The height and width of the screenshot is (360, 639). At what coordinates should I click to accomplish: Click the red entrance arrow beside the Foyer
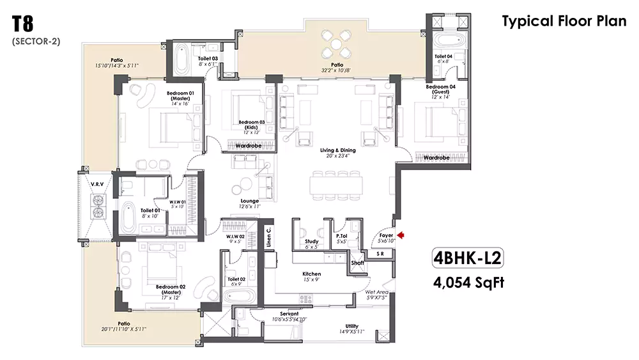coord(401,235)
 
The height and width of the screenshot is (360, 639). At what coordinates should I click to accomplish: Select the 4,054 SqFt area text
coord(468,282)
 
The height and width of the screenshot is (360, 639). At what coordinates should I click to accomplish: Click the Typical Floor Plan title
coord(564,21)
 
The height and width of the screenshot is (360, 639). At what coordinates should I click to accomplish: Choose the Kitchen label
coord(312,274)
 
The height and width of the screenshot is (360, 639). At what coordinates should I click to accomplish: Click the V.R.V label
coord(97,184)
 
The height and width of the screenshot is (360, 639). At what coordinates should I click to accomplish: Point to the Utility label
coord(351,327)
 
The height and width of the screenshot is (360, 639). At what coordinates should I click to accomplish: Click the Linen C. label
coord(270,236)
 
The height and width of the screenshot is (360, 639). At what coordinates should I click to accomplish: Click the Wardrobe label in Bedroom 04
coord(437,157)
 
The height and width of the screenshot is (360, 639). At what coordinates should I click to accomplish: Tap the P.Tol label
coord(341,236)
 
